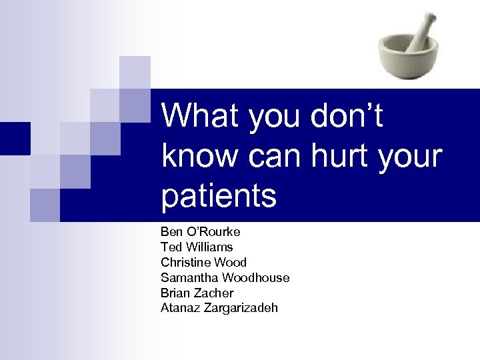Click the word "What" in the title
[201, 116]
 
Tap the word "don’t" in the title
[347, 116]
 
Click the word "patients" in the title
[219, 196]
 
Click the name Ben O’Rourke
[200, 232]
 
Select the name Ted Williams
[197, 247]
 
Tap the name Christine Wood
[203, 263]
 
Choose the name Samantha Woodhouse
[225, 277]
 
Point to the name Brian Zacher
[197, 293]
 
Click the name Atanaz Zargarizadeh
[219, 307]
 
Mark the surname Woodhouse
[255, 277]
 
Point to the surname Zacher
[213, 293]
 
